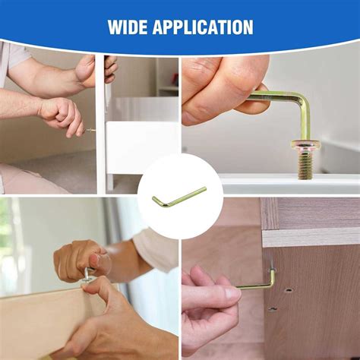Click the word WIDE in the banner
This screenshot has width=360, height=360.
128,27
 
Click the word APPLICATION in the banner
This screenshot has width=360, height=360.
203,27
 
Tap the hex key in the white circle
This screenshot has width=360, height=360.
179,197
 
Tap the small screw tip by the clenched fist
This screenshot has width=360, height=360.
90,130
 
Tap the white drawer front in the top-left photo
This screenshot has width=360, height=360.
142,147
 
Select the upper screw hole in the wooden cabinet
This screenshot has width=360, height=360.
288,290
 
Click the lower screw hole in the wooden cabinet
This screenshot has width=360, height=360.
273,309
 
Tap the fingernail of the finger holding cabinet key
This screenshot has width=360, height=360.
232,294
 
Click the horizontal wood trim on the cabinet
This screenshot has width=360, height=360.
311,238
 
